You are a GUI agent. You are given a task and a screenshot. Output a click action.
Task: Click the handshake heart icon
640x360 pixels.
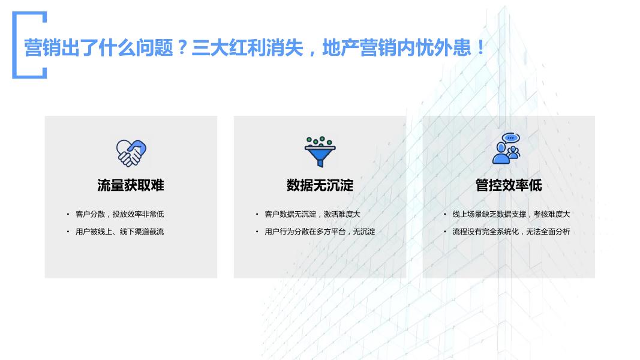pyautogui.click(x=131, y=153)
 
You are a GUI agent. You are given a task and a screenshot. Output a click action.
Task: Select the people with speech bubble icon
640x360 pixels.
pyautogui.click(x=506, y=149)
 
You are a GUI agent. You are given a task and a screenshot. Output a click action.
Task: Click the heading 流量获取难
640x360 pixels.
pyautogui.click(x=131, y=185)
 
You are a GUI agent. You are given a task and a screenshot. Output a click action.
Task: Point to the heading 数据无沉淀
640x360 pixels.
pyautogui.click(x=320, y=185)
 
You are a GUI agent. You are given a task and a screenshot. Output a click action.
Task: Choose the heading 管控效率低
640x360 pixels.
pyautogui.click(x=509, y=185)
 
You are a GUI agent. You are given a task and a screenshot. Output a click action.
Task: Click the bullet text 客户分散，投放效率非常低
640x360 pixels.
pyautogui.click(x=119, y=214)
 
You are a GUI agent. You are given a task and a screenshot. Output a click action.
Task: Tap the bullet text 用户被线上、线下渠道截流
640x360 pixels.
pyautogui.click(x=119, y=232)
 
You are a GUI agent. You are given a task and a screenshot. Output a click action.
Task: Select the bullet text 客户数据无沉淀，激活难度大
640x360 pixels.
pyautogui.click(x=313, y=214)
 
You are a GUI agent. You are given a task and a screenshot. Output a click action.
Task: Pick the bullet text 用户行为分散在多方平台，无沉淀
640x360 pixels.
pyautogui.click(x=320, y=232)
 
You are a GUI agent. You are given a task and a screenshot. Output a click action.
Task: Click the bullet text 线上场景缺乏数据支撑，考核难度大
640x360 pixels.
pyautogui.click(x=511, y=214)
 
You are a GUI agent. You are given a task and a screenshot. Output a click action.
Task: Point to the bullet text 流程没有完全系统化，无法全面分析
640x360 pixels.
pyautogui.click(x=511, y=232)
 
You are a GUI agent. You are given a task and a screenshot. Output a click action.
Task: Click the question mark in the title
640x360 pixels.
pyautogui.click(x=182, y=47)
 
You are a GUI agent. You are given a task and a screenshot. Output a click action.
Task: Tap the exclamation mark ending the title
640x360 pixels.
pyautogui.click(x=481, y=47)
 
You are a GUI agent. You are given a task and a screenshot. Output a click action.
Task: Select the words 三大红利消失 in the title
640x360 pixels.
pyautogui.click(x=247, y=48)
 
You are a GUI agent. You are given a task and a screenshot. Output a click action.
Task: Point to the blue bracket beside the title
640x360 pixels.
pyautogui.click(x=14, y=45)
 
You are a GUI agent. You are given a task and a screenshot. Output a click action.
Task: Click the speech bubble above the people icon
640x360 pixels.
pyautogui.click(x=510, y=138)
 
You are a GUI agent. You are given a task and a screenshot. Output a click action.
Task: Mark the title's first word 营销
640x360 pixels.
pyautogui.click(x=43, y=48)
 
